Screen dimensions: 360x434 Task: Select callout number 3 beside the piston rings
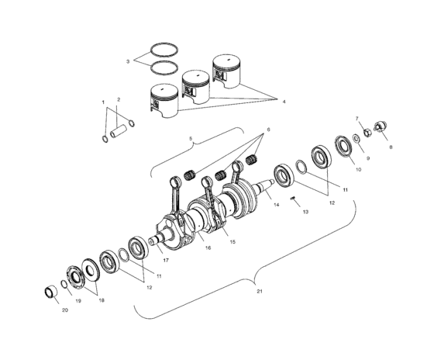(x=129, y=60)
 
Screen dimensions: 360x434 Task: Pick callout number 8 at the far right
(x=390, y=146)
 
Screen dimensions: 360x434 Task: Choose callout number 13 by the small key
(x=305, y=211)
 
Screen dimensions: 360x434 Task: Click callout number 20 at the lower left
(x=64, y=310)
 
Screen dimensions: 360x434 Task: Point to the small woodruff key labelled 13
(x=293, y=199)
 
